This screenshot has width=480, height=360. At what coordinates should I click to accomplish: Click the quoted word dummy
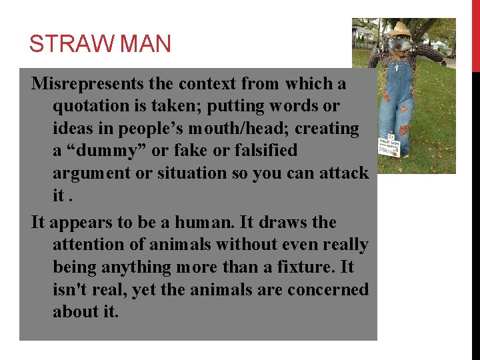[102, 151]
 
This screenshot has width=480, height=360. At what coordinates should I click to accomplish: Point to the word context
[203, 84]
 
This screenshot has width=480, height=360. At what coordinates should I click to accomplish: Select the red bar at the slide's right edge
[476, 36]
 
